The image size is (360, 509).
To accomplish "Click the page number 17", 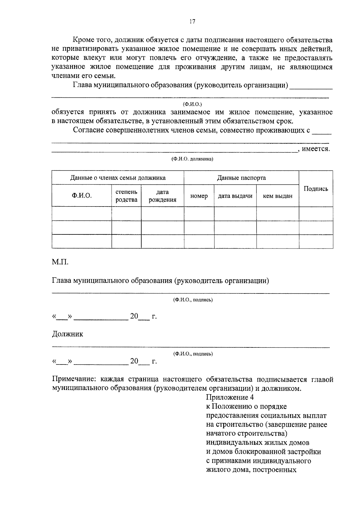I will click(192, 21).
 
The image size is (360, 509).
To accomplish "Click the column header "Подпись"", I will click(316, 189).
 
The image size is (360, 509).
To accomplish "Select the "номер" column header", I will click(199, 196).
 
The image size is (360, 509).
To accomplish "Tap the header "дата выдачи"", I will click(235, 196).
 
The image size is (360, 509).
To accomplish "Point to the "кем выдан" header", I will click(277, 196).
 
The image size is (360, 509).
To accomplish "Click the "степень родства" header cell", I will click(126, 196).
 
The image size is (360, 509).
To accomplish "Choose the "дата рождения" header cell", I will click(162, 196).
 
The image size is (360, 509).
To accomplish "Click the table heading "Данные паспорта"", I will click(241, 178).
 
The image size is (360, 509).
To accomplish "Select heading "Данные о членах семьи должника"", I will click(118, 178).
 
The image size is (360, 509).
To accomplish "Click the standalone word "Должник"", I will click(67, 334).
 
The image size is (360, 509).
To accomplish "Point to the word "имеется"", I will click(316, 149).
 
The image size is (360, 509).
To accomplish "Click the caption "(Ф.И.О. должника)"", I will click(192, 159).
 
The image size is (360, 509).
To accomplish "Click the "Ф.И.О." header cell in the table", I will click(82, 196).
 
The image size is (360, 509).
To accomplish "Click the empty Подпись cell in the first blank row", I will click(316, 214).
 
